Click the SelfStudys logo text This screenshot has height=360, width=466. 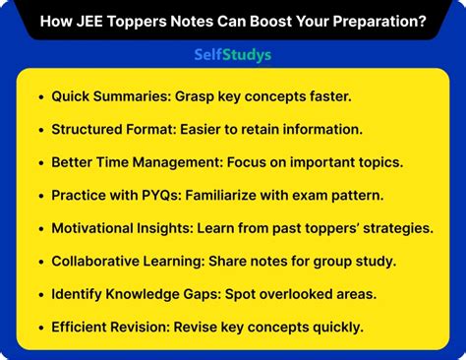(232, 55)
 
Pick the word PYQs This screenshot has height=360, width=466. (172, 196)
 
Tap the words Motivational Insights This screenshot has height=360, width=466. (122, 228)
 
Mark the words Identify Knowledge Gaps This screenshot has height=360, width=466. (133, 294)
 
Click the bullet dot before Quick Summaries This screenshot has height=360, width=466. (40, 97)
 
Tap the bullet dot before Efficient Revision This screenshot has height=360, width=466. (40, 328)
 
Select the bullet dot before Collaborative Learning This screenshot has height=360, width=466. (40, 262)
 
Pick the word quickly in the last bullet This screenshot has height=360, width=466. (333, 328)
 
